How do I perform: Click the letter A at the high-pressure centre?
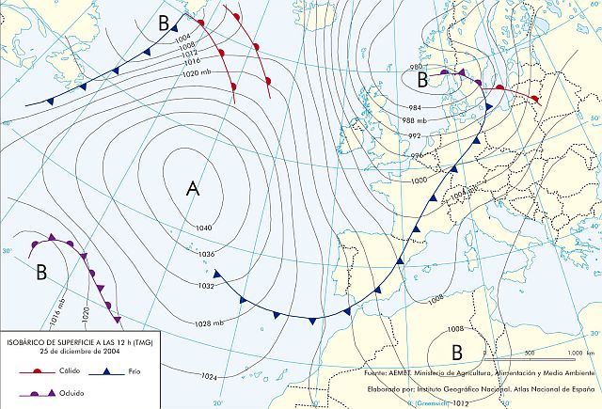[x=194, y=189]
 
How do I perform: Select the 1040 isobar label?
[x=205, y=228]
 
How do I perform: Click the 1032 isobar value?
[x=204, y=286]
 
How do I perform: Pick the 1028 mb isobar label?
[x=212, y=323]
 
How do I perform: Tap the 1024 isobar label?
[x=210, y=376]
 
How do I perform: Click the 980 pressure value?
[x=416, y=67]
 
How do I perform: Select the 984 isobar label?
[x=415, y=108]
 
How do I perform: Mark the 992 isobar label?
[x=416, y=137]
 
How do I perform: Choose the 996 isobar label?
[x=417, y=155]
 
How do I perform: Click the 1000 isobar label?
[x=419, y=179]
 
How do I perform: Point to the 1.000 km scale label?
[x=576, y=353]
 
